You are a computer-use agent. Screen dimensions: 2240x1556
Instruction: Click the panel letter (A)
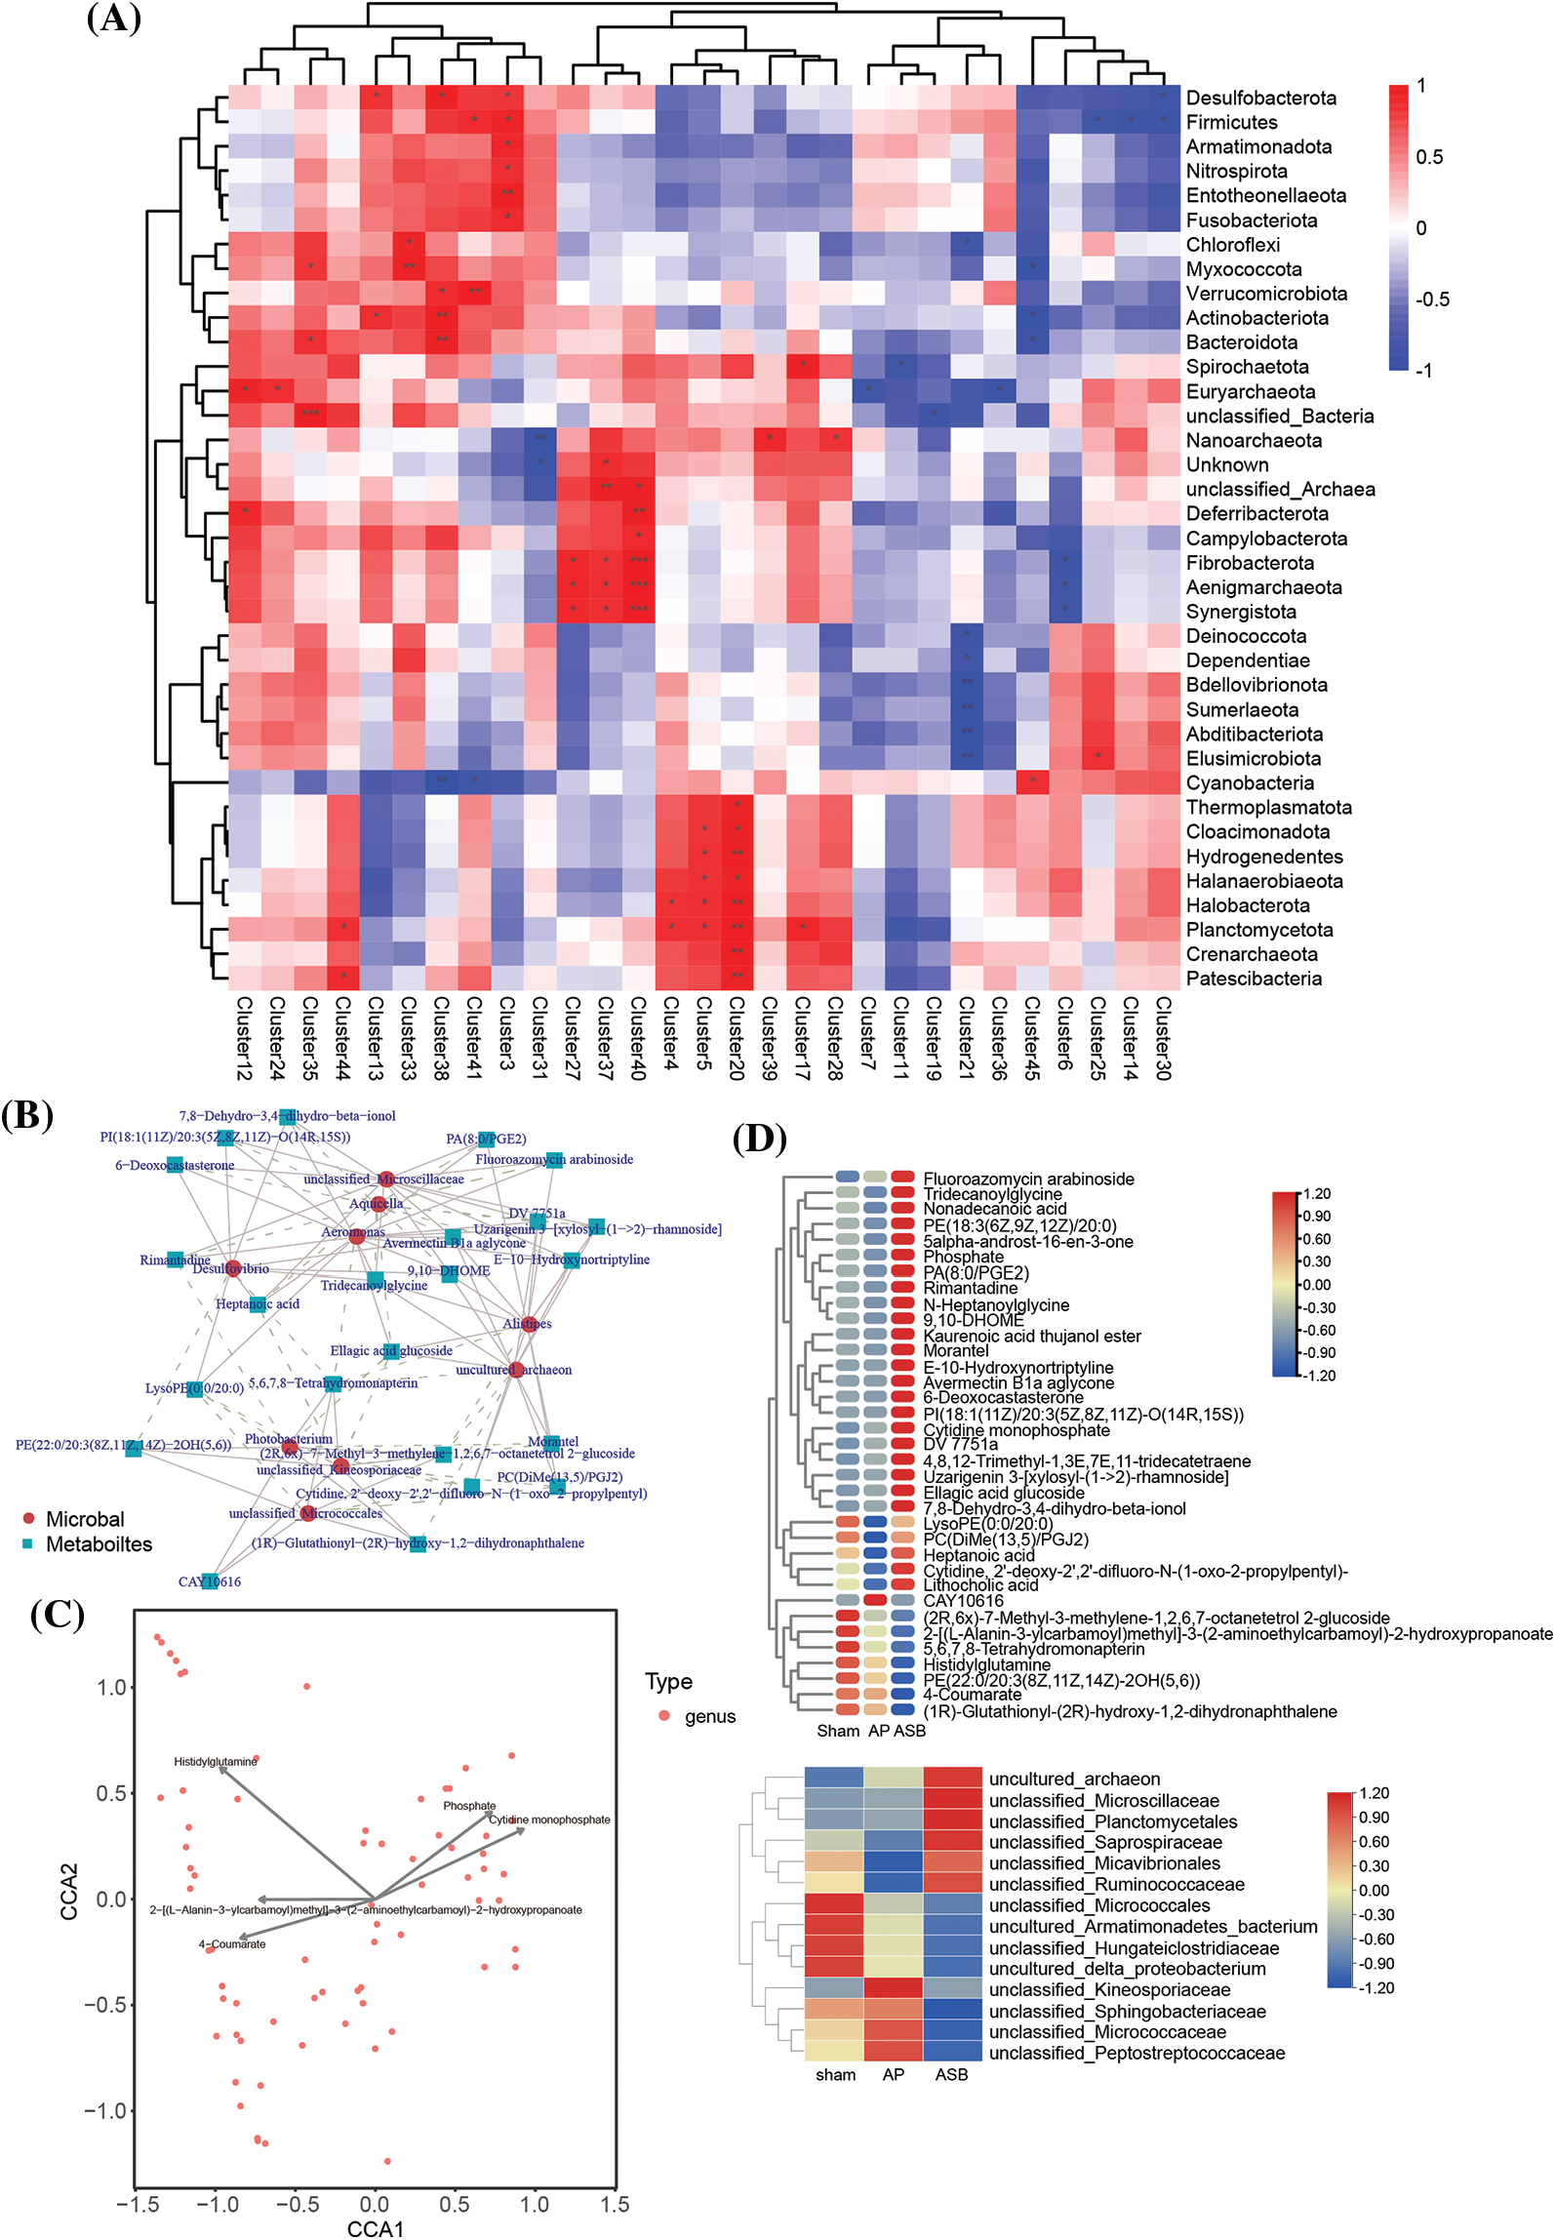[114, 19]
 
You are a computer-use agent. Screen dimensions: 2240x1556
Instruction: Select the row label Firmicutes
[1231, 123]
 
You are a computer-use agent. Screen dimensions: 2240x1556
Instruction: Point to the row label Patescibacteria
[1254, 980]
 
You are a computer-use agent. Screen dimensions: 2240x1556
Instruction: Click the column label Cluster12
[244, 1038]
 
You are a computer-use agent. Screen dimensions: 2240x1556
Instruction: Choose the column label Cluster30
[1162, 1038]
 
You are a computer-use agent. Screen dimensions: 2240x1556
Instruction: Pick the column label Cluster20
[737, 1038]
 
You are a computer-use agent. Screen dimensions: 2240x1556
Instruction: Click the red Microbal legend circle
[28, 1518]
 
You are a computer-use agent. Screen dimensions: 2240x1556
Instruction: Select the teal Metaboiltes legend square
[28, 1543]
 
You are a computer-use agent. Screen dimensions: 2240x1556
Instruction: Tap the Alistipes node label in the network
[527, 1324]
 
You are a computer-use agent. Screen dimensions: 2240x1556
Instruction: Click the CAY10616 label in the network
[209, 1581]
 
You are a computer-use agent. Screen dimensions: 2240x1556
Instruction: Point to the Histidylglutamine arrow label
[216, 1761]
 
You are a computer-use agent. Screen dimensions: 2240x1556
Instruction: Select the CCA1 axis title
[375, 2227]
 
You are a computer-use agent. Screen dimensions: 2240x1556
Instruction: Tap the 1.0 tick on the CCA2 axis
[113, 1688]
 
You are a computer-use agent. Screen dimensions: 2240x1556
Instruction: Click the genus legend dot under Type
[664, 1716]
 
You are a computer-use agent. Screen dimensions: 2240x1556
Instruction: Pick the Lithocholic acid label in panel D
[980, 1585]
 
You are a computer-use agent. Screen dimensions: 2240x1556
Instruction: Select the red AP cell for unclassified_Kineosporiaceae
[893, 1989]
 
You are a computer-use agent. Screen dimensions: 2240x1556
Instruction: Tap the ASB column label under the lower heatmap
[951, 2074]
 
